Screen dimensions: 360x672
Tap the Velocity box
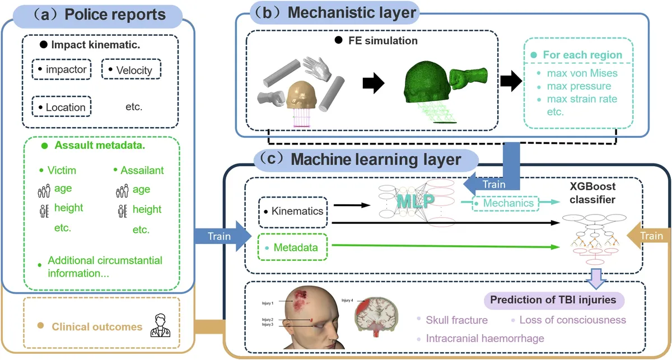pos(131,70)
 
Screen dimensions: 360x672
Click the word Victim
pos(61,170)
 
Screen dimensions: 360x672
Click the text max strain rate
pos(577,99)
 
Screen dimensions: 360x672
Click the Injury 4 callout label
pos(347,301)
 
